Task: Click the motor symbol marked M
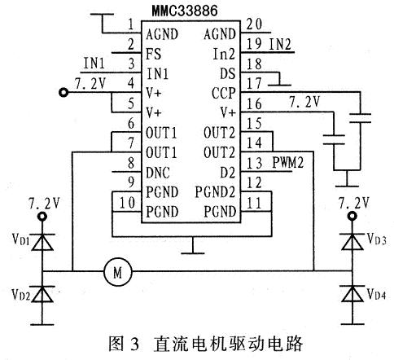tap(118, 271)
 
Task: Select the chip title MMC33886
tap(185, 11)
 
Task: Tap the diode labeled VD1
tap(42, 242)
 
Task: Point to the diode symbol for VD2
tap(42, 294)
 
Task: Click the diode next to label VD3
tap(352, 242)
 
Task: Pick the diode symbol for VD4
tap(352, 294)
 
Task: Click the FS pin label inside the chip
tap(153, 54)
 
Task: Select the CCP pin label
tap(223, 94)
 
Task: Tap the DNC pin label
tap(158, 173)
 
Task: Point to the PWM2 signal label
tap(287, 163)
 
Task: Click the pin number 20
tap(255, 24)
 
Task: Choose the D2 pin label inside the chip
tap(227, 173)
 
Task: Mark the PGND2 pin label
tap(215, 192)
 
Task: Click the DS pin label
tap(227, 73)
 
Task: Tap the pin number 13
tap(255, 163)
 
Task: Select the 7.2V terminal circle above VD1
tap(42, 217)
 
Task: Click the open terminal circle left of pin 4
tap(63, 93)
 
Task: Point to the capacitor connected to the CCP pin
tap(361, 118)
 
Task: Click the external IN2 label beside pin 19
tap(280, 44)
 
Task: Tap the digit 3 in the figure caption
tap(135, 344)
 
